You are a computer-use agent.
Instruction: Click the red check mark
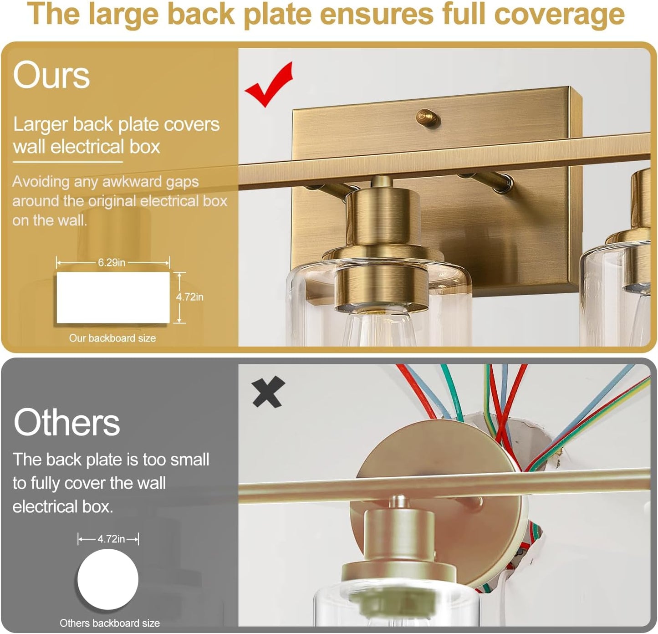coord(269,84)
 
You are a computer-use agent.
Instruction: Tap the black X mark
coord(268,392)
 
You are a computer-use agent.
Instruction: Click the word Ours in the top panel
coord(51,75)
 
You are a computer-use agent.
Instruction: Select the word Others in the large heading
coord(66,423)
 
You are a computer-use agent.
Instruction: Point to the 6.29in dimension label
coord(111,263)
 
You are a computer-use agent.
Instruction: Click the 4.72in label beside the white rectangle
coord(190,297)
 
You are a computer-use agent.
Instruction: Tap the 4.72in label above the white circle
coord(111,539)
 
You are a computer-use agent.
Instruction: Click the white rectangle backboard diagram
coord(113,298)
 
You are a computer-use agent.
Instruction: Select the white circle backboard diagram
coord(108,579)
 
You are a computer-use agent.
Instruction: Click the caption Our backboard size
coord(112,338)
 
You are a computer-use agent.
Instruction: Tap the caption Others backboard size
coord(110,623)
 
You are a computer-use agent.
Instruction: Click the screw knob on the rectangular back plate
coord(428,118)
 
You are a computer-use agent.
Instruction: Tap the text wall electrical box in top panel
coord(87,147)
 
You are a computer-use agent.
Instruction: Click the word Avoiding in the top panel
coord(41,182)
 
